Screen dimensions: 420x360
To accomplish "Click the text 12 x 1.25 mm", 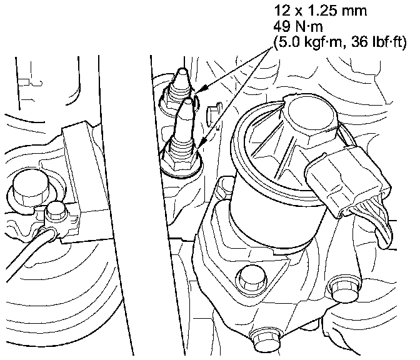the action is (320, 11).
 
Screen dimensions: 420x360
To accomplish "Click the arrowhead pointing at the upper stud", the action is (204, 88).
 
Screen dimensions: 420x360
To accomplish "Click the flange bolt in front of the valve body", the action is (251, 278).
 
